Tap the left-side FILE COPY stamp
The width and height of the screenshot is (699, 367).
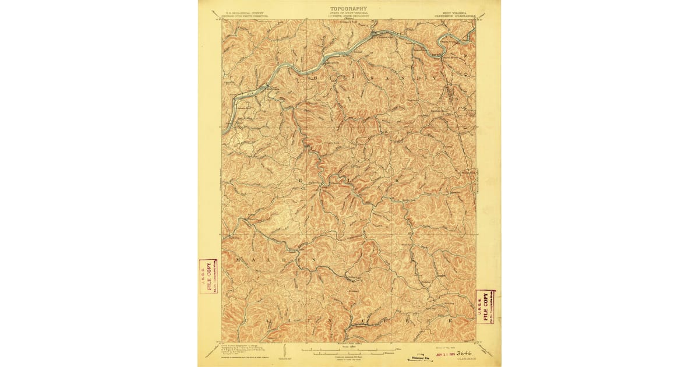point(208,276)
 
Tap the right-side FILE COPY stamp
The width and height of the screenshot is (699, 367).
point(485,306)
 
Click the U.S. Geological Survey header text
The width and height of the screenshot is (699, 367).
point(238,13)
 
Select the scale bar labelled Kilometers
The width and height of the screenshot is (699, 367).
point(349,354)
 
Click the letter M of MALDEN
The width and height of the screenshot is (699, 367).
point(239,257)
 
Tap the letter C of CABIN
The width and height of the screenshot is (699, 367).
point(246,320)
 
